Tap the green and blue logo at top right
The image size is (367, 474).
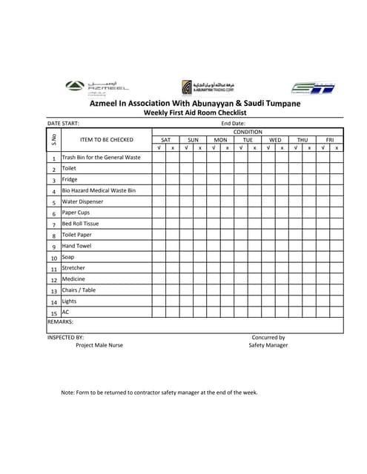coord(312,87)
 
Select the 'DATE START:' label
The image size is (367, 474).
coord(63,124)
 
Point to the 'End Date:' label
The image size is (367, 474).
coord(234,124)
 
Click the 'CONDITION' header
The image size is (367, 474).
coord(248,131)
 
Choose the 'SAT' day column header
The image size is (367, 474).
coord(165,139)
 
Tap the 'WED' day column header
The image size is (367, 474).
coord(275,139)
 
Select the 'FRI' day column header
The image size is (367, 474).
coord(330,139)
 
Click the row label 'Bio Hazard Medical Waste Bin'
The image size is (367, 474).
coord(99,190)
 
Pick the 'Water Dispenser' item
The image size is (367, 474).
coord(82,201)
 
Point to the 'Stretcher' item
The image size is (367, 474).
coord(73,268)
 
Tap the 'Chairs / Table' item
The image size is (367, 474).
coord(79,290)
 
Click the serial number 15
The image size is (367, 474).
coord(54,313)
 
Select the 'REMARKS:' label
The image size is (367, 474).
coord(60,322)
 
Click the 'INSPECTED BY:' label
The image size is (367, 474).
coord(65,337)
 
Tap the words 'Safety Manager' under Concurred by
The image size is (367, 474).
coord(268,345)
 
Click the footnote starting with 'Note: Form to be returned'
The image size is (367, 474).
coord(159,393)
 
